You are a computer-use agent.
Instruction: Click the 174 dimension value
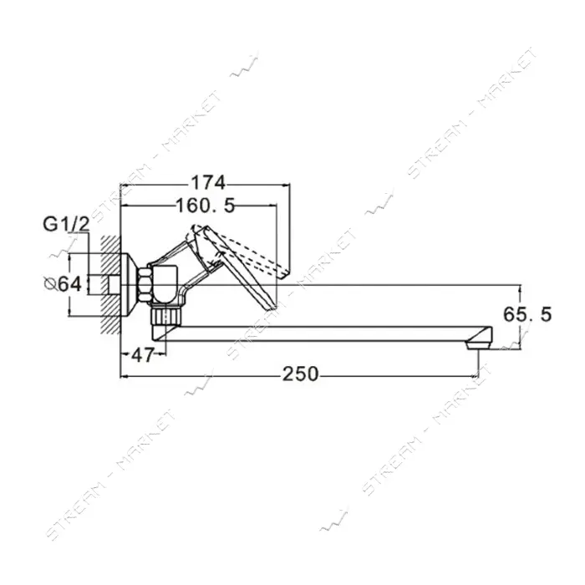209,183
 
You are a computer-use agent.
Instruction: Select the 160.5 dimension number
206,206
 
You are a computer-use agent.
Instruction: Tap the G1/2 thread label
66,225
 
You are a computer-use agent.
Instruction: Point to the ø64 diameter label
63,284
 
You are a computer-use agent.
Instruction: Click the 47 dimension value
143,355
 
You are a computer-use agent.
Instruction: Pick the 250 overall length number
300,374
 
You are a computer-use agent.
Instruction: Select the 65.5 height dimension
527,314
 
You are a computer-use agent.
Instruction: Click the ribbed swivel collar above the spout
165,315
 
